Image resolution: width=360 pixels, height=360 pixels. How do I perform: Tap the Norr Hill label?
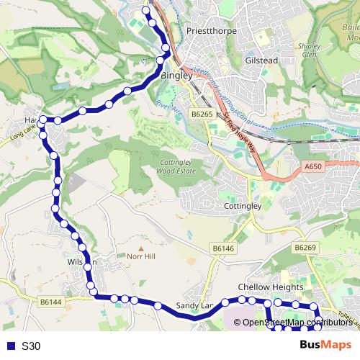click(141, 256)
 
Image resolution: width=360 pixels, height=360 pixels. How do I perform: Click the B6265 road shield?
click(202, 114)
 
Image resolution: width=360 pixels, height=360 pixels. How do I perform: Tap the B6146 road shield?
click(223, 248)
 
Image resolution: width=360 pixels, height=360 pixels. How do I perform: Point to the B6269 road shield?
click(305, 248)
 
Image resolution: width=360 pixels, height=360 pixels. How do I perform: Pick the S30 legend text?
click(31, 346)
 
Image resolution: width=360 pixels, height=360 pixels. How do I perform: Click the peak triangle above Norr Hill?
click(141, 246)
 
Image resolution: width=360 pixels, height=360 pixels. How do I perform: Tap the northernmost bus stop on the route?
click(146, 12)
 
